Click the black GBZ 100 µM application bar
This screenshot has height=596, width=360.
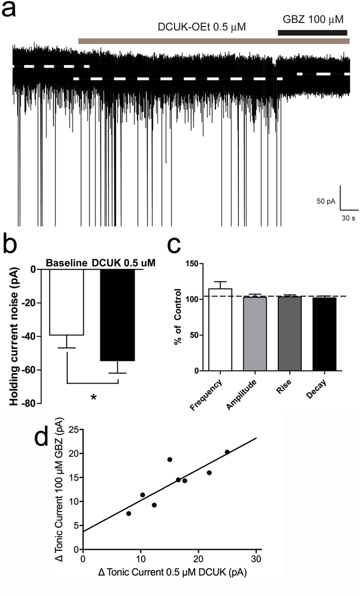point(313,33)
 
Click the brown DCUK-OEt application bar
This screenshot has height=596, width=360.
point(213,41)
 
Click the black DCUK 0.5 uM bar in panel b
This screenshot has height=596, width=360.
point(118,315)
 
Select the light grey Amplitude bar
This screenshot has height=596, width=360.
point(255,333)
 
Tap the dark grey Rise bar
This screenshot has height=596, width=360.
point(290,333)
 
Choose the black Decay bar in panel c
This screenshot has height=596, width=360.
point(324,334)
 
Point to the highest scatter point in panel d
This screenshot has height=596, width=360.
point(227,452)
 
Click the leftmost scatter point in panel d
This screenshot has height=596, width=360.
point(129,513)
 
